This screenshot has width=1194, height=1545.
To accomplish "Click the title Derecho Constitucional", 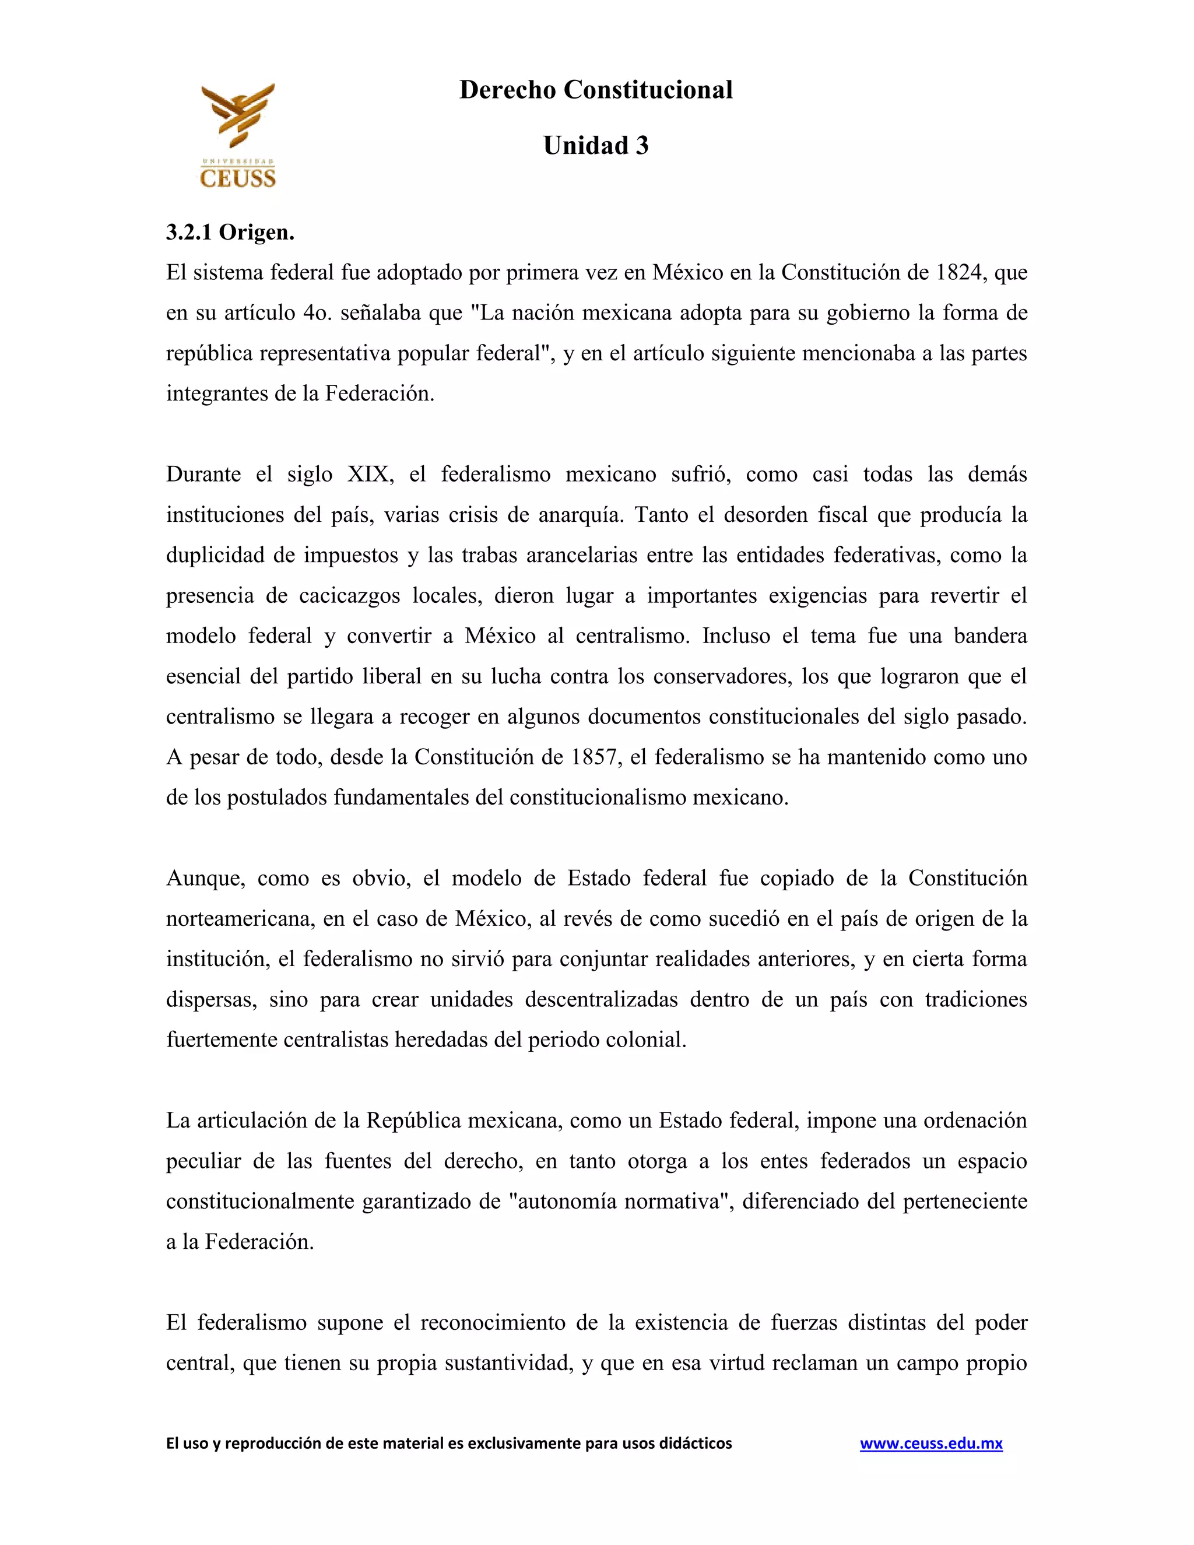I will tap(596, 90).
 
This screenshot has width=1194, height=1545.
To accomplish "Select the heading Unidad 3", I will tap(596, 145).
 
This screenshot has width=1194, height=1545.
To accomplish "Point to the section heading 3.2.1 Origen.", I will tap(230, 232).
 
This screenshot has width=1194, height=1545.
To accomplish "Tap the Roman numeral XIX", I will tap(369, 474).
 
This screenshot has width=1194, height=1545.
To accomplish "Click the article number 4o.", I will tap(317, 312).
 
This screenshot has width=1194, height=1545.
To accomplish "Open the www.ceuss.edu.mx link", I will tap(931, 1444).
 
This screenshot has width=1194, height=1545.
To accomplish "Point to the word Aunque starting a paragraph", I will tap(205, 879).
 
